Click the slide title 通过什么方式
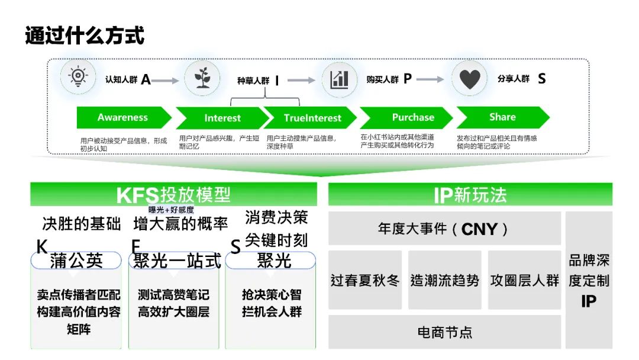[85, 36]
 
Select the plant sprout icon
[202, 78]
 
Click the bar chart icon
[340, 79]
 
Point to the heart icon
[469, 79]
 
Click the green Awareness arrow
[123, 117]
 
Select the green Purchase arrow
[412, 117]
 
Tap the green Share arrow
[502, 117]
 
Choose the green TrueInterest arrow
[312, 118]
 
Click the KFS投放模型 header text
[173, 195]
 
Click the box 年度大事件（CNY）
[444, 229]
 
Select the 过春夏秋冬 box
[365, 280]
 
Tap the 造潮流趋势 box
[445, 280]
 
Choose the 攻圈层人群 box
[524, 280]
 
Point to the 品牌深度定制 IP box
[589, 280]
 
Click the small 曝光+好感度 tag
[171, 210]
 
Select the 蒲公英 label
[76, 261]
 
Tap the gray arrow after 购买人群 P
[430, 79]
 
